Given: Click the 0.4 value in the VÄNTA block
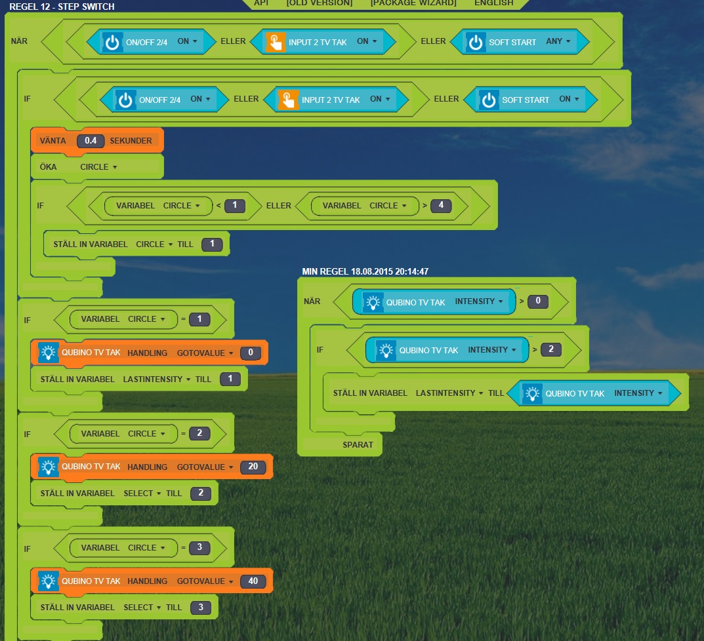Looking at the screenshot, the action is (91, 141).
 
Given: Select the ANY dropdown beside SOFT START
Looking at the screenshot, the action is (558, 41).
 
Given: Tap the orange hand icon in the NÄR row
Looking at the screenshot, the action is (276, 42).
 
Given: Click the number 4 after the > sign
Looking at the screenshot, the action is (441, 205).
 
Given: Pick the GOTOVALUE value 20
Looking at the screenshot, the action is (253, 467).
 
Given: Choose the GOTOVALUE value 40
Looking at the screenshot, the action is (253, 581).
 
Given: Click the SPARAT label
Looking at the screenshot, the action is (358, 444).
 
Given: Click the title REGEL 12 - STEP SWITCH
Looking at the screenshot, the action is (62, 7).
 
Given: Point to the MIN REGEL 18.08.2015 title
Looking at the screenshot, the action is (365, 271).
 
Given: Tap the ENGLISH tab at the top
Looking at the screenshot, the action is (494, 3).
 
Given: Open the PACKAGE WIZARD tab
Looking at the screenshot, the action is (413, 3).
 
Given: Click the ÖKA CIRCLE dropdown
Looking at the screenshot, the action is (98, 167).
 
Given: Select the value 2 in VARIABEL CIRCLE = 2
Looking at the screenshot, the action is (199, 433).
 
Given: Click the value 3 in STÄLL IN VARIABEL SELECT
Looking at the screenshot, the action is (201, 608).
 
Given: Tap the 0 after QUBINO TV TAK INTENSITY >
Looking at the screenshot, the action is (538, 301).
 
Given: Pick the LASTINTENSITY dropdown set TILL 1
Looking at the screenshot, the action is (156, 379).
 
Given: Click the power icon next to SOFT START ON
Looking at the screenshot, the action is (489, 100).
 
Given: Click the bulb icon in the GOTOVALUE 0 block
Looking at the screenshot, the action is (48, 353).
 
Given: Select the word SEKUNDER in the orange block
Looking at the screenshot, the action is (131, 141).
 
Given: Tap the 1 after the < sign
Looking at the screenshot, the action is (234, 205).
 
